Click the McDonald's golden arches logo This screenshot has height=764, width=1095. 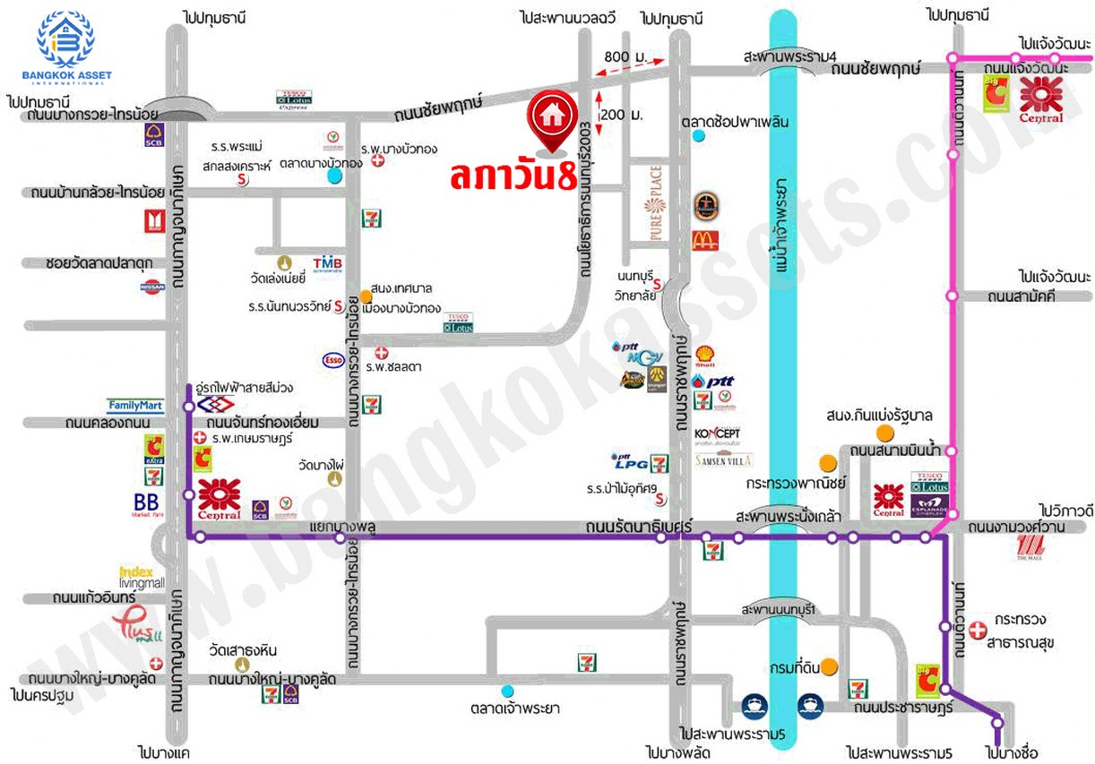[704, 240]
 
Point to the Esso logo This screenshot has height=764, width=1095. [332, 360]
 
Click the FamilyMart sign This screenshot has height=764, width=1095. [134, 405]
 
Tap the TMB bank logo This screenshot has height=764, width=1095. [324, 262]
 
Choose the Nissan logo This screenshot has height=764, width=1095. [152, 287]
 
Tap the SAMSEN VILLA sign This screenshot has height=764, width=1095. [724, 460]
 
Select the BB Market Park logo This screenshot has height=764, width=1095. [145, 504]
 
